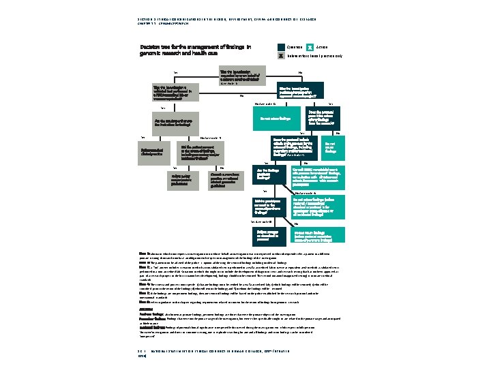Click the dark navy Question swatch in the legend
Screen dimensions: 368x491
pos(281,47)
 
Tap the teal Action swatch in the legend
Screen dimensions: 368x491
pos(310,47)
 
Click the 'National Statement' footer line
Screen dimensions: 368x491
pos(226,350)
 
